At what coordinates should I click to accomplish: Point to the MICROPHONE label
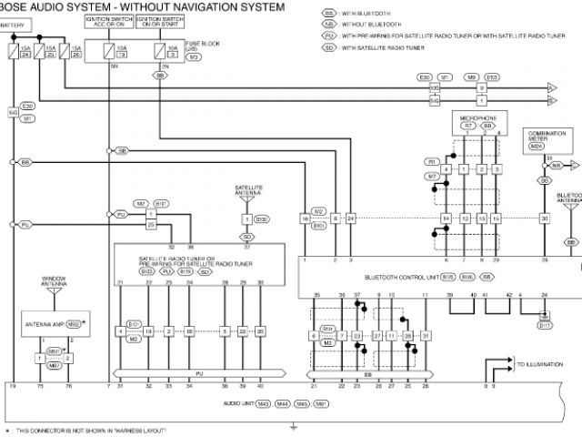477,117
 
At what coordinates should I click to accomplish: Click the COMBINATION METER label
547,136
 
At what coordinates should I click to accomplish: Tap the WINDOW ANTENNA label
54,282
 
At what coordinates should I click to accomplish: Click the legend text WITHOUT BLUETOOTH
372,25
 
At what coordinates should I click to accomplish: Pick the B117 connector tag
544,325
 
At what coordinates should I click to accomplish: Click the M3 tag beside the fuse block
194,56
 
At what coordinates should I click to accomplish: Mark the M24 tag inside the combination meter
537,146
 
